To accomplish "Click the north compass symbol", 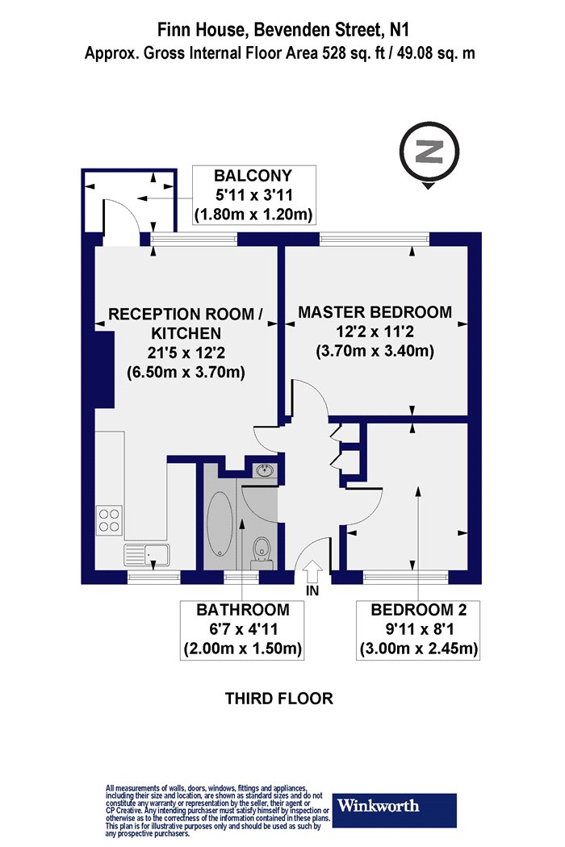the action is tap(429, 154).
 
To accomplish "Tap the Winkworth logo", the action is tap(394, 810).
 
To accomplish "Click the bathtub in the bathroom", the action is tap(220, 524).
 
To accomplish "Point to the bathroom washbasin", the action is tap(265, 471).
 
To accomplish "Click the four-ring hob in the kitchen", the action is tap(109, 519).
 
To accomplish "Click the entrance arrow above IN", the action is tap(313, 571).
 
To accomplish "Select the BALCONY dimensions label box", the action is tap(253, 195).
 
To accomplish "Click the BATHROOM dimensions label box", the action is tap(242, 629).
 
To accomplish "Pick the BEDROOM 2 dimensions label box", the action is tap(418, 629).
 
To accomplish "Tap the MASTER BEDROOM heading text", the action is tap(375, 312).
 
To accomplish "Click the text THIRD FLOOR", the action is tap(279, 699).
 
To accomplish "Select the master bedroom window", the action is tap(375, 239).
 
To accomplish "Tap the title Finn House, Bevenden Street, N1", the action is tap(279, 29).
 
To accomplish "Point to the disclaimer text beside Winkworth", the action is tap(217, 811).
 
